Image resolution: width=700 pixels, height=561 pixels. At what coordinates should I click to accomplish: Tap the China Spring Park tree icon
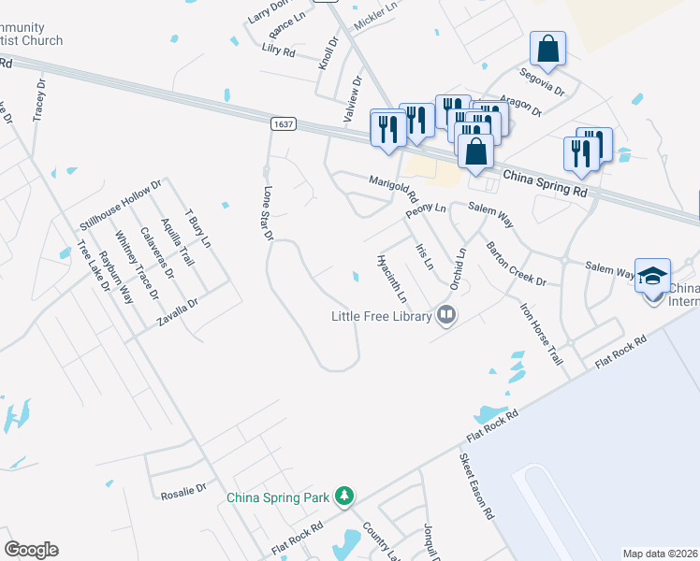point(345,495)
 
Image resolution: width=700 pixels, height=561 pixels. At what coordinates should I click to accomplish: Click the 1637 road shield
point(282,123)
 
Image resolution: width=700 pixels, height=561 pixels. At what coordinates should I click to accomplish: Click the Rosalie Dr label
point(182,496)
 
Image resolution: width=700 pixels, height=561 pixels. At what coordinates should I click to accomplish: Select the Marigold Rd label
point(393,188)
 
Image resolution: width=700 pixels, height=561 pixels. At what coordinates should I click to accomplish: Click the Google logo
point(31,550)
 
